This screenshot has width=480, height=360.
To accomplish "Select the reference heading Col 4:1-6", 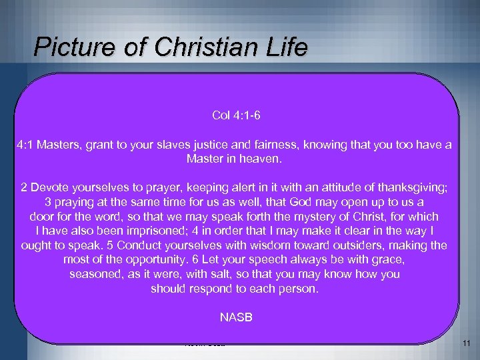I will click(236, 116).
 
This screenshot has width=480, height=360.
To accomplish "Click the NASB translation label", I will click(236, 317).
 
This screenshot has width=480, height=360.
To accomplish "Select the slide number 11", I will click(465, 344).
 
